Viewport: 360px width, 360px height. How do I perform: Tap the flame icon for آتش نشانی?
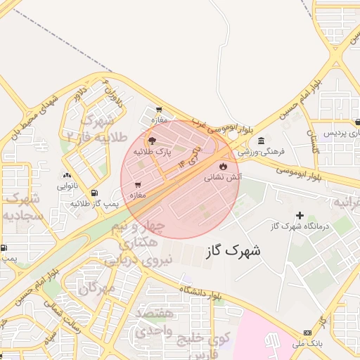[x=223, y=167]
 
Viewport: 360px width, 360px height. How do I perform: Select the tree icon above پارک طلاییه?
[x=153, y=141]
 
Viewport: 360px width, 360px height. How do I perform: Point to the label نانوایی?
[x=67, y=186]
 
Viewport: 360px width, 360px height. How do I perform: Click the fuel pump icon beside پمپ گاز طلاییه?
[x=94, y=193]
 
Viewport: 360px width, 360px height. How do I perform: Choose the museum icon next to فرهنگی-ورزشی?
[x=262, y=141]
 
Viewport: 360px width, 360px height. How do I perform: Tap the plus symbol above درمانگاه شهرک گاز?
[x=300, y=215]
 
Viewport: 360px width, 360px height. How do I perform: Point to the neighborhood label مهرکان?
[x=97, y=288]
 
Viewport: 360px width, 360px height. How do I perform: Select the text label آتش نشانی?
[x=223, y=178]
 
